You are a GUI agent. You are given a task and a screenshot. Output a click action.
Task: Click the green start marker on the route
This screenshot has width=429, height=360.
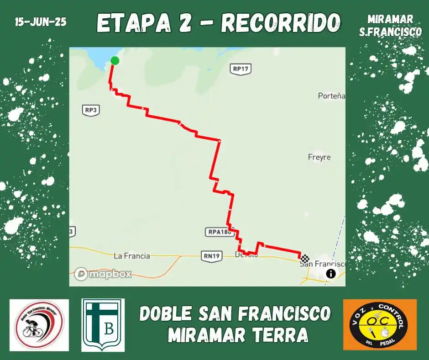[115, 60]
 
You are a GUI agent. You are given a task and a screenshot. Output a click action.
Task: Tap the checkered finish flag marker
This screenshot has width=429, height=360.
[305, 258]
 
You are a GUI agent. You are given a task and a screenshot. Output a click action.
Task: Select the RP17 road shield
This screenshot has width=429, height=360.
[241, 69]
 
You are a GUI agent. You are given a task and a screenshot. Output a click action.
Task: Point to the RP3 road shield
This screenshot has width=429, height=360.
[91, 110]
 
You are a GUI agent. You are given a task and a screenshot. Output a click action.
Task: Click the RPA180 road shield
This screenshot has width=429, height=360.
[220, 232]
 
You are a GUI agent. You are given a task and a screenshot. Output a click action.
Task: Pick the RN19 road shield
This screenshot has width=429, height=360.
[211, 256]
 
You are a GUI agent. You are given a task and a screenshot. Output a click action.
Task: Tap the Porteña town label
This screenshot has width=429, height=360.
[331, 96]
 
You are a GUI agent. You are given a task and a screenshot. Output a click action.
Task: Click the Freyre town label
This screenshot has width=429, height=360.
[319, 157]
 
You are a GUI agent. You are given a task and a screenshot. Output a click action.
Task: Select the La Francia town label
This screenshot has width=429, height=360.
[131, 256]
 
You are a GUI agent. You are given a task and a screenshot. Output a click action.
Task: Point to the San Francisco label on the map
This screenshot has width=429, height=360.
[322, 264]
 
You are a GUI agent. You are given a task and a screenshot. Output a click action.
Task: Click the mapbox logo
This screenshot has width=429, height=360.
[103, 274]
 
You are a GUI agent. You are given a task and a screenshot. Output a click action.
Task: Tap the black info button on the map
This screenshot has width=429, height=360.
[330, 274]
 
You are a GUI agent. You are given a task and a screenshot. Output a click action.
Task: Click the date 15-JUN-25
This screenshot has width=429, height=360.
[41, 22]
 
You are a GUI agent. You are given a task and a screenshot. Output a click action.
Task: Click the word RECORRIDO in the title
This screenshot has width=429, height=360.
[281, 23]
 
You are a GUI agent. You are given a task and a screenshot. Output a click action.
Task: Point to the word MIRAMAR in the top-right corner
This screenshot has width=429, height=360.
[390, 19]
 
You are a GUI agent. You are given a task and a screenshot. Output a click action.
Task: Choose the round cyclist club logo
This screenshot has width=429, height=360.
[39, 325]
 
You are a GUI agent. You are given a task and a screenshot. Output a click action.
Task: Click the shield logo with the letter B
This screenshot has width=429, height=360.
[103, 325]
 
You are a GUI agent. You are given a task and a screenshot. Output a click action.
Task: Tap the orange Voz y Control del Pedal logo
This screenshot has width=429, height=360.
[380, 324]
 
